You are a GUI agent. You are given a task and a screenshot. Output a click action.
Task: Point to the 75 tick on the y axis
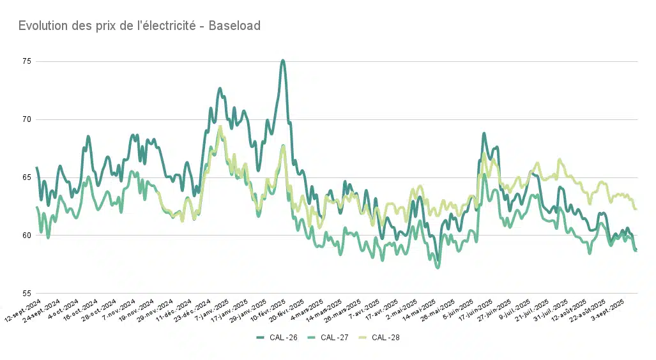click(x=26, y=61)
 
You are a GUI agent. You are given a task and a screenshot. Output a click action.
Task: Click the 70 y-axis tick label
click(x=26, y=119)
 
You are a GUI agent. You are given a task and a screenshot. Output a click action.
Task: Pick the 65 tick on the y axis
click(x=26, y=177)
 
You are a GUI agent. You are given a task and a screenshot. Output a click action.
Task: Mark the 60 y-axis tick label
click(x=26, y=236)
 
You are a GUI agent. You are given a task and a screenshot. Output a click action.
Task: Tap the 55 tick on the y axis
click(x=26, y=294)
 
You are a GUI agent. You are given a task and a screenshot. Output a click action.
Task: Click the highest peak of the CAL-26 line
click(x=282, y=61)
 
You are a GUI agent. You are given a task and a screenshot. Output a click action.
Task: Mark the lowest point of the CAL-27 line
click(x=438, y=267)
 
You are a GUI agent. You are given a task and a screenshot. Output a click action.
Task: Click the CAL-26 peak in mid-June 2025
click(x=484, y=133)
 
